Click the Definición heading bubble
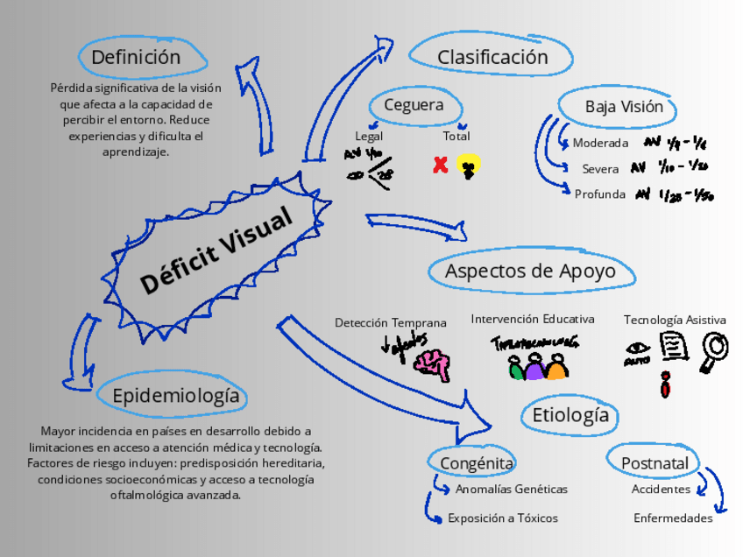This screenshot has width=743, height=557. [x=137, y=58]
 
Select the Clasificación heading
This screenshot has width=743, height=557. [x=492, y=58]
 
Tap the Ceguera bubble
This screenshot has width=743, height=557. [x=414, y=106]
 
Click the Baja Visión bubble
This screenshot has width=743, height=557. [x=630, y=107]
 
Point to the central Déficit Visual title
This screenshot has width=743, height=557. [x=216, y=251]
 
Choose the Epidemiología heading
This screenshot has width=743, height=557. [x=175, y=396]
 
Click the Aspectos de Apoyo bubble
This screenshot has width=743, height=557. [x=529, y=271]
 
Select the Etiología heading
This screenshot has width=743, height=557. [x=570, y=414]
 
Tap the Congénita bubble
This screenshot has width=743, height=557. [x=477, y=463]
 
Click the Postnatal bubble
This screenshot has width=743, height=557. [x=655, y=463]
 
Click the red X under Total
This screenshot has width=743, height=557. [x=441, y=165]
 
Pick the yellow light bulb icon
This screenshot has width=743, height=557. [x=470, y=165]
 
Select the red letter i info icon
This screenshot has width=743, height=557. [x=666, y=384]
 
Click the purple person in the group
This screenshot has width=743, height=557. [x=535, y=367]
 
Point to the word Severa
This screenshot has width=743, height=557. [x=600, y=169]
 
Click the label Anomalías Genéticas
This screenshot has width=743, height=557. [x=512, y=490]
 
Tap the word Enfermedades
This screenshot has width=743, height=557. [x=673, y=518]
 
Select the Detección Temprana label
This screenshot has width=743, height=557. [x=390, y=323]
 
